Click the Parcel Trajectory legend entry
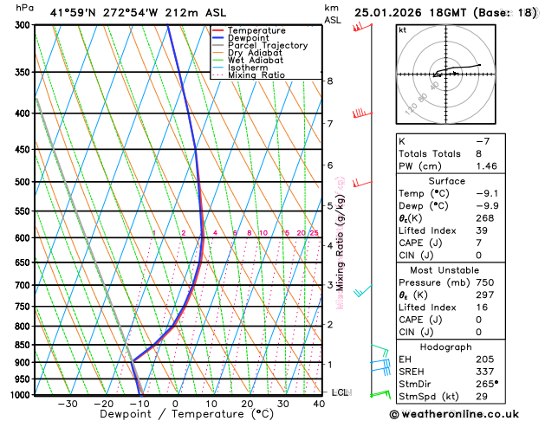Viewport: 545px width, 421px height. click(267, 45)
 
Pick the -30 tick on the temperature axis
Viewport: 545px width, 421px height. click(68, 404)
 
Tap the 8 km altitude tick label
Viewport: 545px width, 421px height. click(330, 81)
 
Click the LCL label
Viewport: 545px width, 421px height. click(341, 392)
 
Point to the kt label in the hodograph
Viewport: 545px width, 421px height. click(402, 29)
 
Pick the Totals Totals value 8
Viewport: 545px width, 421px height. click(478, 153)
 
